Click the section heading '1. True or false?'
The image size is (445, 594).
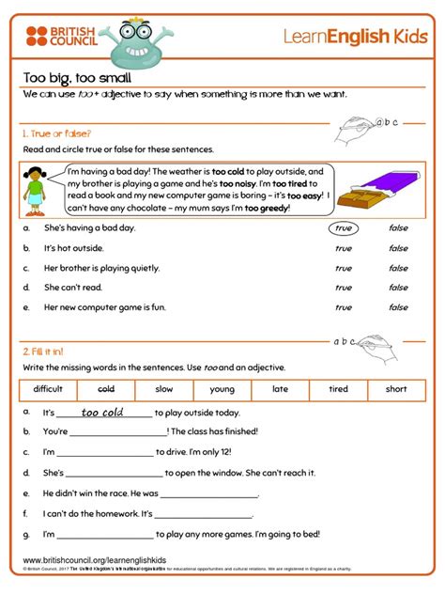pyautogui.click(x=57, y=133)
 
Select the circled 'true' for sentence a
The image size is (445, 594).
pyautogui.click(x=344, y=228)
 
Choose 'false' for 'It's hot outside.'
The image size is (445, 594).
pyautogui.click(x=398, y=248)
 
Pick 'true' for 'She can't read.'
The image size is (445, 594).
pyautogui.click(x=344, y=288)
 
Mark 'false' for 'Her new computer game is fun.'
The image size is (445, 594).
pyautogui.click(x=398, y=307)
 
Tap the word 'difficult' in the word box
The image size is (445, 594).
pyautogui.click(x=48, y=389)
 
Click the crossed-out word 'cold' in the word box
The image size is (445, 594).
pyautogui.click(x=106, y=389)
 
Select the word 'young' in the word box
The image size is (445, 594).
pyautogui.click(x=222, y=389)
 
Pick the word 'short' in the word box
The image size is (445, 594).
pyautogui.click(x=396, y=389)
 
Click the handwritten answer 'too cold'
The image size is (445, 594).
pyautogui.click(x=102, y=413)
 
